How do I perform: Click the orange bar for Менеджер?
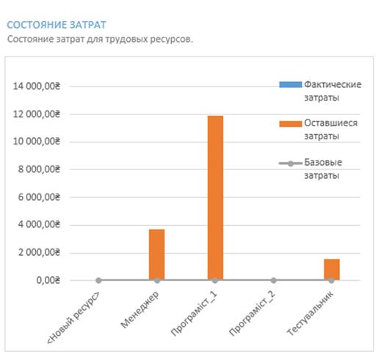[157, 254]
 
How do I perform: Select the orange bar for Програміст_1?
[215, 198]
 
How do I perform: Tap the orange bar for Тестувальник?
[332, 269]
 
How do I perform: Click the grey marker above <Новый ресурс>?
[98, 280]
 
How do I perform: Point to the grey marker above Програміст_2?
[274, 280]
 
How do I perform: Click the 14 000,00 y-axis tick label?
[37, 86]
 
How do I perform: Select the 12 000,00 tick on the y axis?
[37, 114]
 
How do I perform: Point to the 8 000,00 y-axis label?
[39, 169]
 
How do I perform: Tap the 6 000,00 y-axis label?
[39, 197]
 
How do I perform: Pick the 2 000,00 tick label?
[39, 253]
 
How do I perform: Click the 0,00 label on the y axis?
[48, 280]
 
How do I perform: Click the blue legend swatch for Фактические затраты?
[290, 84]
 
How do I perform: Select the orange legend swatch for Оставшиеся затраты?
[290, 124]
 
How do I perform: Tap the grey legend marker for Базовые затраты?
[290, 164]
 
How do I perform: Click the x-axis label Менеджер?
[140, 309]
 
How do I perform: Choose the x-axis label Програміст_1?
[195, 314]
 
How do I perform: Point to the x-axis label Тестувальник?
[311, 313]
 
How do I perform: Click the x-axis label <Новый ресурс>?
[73, 317]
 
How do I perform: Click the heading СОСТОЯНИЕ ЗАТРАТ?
[57, 25]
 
